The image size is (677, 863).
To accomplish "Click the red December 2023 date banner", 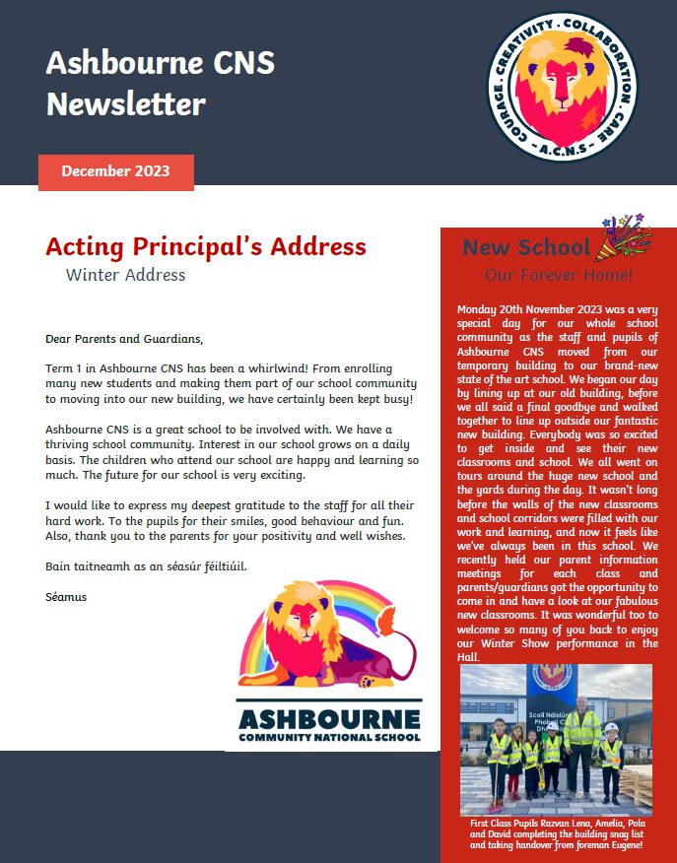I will pyautogui.click(x=115, y=171).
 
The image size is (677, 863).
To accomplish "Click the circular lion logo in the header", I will pyautogui.click(x=564, y=90).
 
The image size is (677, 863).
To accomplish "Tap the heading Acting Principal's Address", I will pyautogui.click(x=206, y=246).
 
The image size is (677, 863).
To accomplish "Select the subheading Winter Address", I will pyautogui.click(x=125, y=275).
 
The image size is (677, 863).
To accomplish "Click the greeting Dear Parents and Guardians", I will pyautogui.click(x=123, y=339).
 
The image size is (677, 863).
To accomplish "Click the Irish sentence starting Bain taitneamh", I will pyautogui.click(x=146, y=566).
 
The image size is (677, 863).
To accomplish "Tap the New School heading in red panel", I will pyautogui.click(x=525, y=247).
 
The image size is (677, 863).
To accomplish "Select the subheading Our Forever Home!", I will pyautogui.click(x=558, y=275).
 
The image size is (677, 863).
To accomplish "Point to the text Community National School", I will pyautogui.click(x=329, y=736).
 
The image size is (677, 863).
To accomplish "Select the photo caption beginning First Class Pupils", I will pyautogui.click(x=556, y=832).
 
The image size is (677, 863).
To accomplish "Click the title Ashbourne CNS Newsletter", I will pyautogui.click(x=160, y=83).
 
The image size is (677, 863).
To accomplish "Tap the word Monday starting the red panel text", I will pyautogui.click(x=479, y=310).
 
